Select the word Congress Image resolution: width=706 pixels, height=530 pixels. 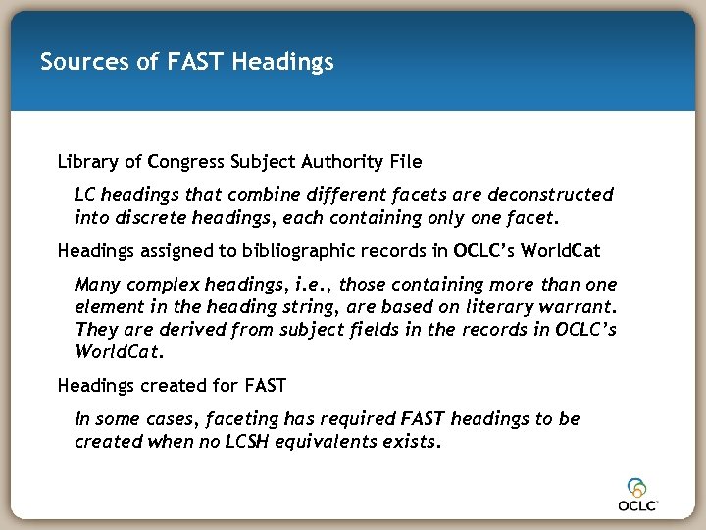tap(182, 160)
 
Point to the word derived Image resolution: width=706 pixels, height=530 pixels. tap(184, 329)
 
